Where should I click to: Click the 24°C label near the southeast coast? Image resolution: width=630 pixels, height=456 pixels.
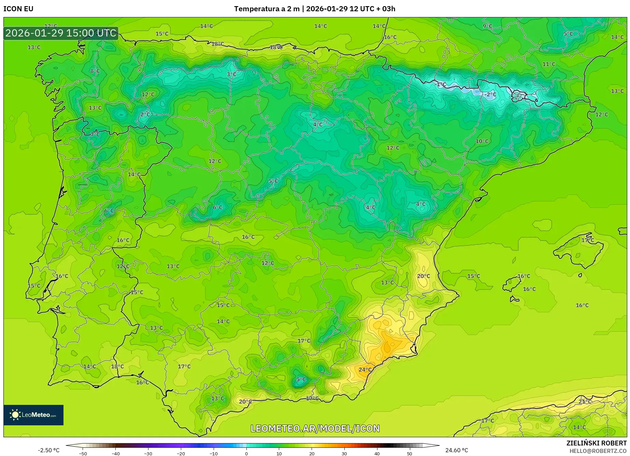365,370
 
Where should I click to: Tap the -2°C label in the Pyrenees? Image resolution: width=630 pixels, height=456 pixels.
490,94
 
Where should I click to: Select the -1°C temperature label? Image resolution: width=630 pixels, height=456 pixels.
441,84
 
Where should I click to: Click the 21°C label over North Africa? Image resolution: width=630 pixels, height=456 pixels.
585,402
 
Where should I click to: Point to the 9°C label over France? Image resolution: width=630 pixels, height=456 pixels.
487,26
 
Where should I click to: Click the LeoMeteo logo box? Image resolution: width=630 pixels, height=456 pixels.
33,415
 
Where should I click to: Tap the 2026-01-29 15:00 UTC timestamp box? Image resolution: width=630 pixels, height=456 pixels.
61,33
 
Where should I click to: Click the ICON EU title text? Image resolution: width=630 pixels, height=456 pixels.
18,9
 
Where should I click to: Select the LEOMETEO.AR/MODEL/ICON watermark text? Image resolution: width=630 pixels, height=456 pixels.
315,428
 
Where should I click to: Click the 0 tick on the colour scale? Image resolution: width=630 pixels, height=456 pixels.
246,454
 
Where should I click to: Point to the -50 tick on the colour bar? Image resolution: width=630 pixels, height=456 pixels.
83,454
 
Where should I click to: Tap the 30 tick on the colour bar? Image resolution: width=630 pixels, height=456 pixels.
344,454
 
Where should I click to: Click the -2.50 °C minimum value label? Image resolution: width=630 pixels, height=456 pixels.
48,450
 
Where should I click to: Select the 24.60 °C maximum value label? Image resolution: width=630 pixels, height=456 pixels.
457,450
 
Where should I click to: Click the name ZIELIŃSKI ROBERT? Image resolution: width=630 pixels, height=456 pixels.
597,443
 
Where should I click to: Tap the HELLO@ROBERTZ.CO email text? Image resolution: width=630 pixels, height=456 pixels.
598,451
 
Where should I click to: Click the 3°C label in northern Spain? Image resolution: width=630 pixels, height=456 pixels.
231,74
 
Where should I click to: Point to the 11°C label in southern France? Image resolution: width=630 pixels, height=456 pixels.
549,64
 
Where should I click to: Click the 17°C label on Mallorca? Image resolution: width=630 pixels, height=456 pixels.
588,240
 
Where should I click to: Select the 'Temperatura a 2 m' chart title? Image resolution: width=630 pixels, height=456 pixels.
267,9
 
